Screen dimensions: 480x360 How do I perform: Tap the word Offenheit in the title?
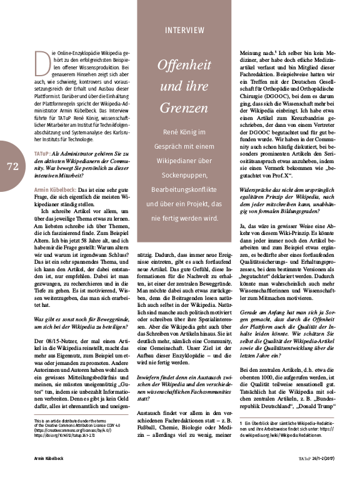click(x=184, y=66)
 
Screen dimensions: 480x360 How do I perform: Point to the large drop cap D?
click(x=42, y=62)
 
